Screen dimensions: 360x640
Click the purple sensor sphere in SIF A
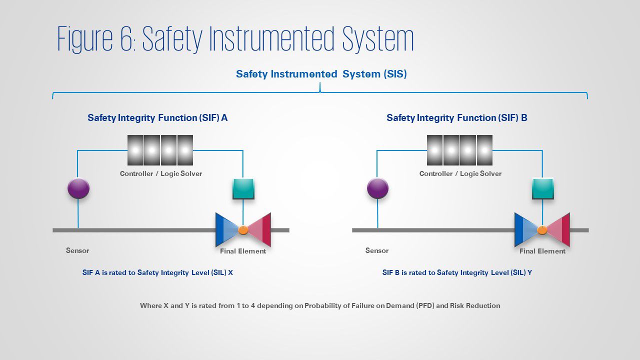coord(78,188)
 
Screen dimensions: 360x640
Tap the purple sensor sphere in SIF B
coord(377,188)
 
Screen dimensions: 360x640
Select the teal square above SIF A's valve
coord(243,188)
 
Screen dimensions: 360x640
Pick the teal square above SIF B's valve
coord(542,188)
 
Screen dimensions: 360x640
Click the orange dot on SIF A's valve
coord(243,230)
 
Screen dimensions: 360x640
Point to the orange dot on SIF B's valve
coord(542,230)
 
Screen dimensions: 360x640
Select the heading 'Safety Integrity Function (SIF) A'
coord(157,118)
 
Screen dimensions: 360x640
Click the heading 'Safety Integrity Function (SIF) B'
coord(456,118)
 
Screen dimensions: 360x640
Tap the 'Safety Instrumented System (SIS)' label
coord(321,74)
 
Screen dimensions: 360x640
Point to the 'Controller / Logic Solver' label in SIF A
coord(160,173)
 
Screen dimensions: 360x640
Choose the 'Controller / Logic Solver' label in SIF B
coord(460,173)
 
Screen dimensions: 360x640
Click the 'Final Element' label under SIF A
coord(243,251)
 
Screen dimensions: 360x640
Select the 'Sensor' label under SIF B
coord(376,250)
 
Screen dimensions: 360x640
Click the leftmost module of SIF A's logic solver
coord(135,150)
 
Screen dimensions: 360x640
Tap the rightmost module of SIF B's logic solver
coord(484,150)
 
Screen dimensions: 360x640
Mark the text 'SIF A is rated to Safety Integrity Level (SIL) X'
coord(157,273)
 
